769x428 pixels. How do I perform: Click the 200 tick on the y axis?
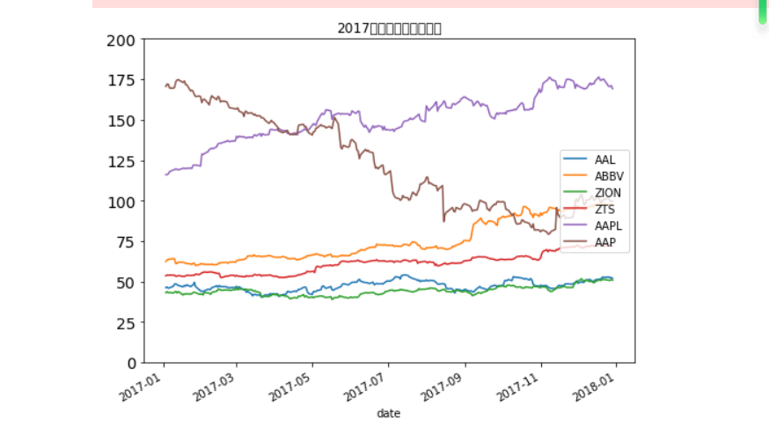pos(120,41)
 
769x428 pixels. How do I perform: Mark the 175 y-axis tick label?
pos(120,81)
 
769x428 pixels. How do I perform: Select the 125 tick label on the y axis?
pos(120,162)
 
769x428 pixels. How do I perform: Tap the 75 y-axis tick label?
pos(123,243)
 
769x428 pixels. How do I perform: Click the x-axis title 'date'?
pos(388,413)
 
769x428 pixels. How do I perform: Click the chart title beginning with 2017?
pos(389,28)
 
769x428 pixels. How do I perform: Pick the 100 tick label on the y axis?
pos(120,202)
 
